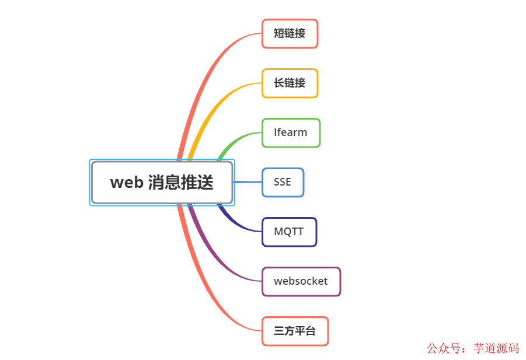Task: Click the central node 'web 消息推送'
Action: [x=162, y=183]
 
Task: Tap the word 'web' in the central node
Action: [x=126, y=183]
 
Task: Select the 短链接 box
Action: [x=290, y=34]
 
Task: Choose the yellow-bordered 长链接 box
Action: [x=290, y=83]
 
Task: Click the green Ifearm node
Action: [x=291, y=133]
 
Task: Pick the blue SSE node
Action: [x=283, y=183]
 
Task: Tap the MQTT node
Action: [x=289, y=232]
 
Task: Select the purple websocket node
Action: [x=301, y=282]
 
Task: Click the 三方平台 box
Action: [x=295, y=331]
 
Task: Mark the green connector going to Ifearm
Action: [x=234, y=140]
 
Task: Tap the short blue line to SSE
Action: [x=248, y=182]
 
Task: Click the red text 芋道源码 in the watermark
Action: [x=496, y=348]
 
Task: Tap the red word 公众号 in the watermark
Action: [x=441, y=348]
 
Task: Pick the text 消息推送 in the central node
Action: [x=180, y=183]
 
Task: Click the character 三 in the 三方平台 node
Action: [x=279, y=331]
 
